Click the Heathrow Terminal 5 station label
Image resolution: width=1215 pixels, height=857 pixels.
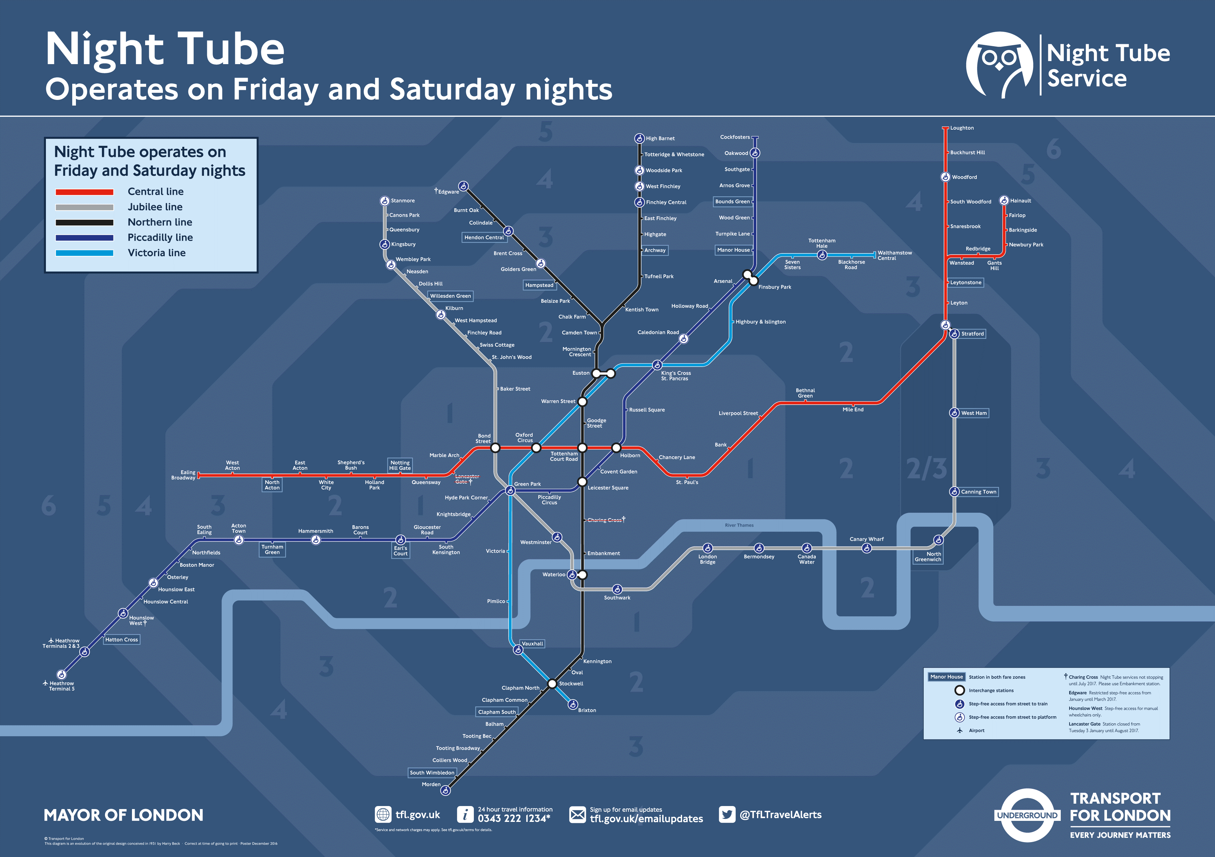(61, 686)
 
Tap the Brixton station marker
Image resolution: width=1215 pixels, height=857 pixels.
(573, 704)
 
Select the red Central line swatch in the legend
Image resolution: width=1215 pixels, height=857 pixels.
(85, 192)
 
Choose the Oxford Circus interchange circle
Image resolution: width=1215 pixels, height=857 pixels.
(536, 448)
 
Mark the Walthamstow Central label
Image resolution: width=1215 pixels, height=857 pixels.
(894, 255)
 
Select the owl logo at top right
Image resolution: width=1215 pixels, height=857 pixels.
(999, 64)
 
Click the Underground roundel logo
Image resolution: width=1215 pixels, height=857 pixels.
(1027, 815)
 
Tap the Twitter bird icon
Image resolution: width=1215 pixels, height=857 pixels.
(727, 814)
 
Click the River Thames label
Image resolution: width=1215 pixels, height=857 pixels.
(739, 525)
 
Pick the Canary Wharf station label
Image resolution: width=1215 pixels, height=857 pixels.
(866, 539)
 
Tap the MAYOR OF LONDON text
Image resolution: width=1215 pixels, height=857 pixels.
(123, 815)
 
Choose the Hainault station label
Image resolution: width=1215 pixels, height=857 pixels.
(1020, 200)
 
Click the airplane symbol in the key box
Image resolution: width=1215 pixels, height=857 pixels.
(960, 730)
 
